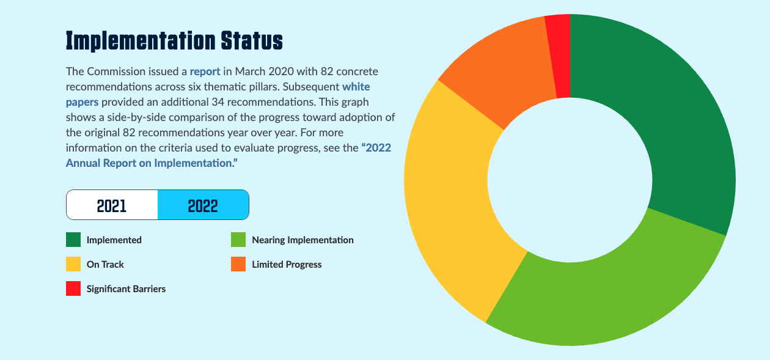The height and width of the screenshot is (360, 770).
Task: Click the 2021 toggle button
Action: (112, 205)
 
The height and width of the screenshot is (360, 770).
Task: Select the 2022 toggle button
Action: (203, 205)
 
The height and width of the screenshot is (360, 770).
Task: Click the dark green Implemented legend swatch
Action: (73, 240)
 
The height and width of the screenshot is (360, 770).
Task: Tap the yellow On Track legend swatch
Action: (73, 264)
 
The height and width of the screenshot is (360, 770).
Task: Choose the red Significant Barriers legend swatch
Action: (73, 288)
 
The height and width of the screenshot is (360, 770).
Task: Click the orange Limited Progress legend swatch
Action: (238, 264)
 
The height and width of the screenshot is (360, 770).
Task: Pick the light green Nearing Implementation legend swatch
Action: (238, 240)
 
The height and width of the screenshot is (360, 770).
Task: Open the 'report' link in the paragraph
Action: (205, 72)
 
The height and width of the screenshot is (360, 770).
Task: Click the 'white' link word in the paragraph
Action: (356, 87)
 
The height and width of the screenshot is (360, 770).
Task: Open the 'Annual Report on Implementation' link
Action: (152, 163)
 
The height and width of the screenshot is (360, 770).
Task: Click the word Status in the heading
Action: (252, 40)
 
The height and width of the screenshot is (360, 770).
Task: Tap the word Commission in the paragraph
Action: (116, 72)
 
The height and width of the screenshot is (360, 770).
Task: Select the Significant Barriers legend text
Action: (126, 289)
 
